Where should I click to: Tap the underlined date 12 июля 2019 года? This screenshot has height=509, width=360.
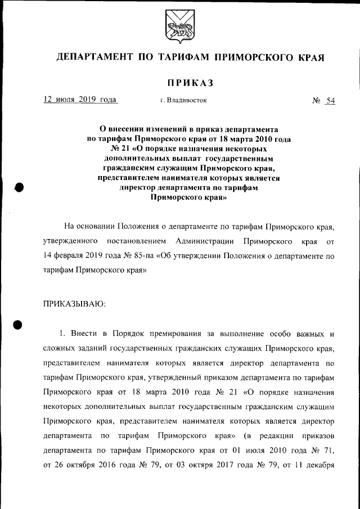click(x=80, y=100)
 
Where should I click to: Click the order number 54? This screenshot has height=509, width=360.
click(x=330, y=101)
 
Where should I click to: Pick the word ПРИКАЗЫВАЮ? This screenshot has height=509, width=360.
click(x=74, y=304)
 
